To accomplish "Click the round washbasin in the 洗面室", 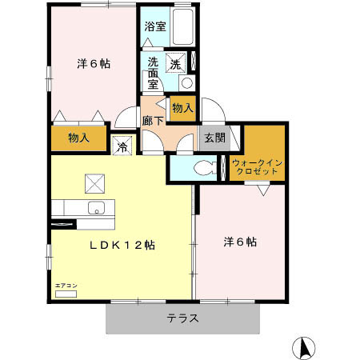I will point(186,82).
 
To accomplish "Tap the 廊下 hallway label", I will point(151,121).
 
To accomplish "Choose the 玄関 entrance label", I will point(213,137).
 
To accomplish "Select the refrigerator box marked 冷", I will point(122,146).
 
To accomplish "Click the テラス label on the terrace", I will point(183,318).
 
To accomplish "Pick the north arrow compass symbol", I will point(304,348).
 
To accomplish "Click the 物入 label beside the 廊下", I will point(182,107).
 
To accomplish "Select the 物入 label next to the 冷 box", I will point(78,138).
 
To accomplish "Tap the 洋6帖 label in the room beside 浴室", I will point(93,63).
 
